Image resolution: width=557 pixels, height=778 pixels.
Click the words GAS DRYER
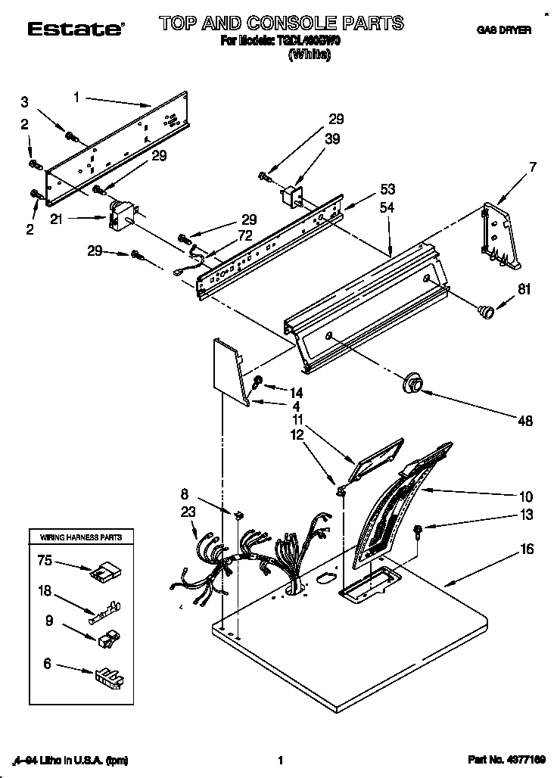(x=503, y=31)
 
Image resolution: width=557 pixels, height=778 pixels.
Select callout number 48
(x=525, y=422)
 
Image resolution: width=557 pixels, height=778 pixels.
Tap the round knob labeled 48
(x=413, y=384)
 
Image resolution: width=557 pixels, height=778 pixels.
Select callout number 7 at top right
(x=533, y=167)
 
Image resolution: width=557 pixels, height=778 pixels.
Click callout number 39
(x=333, y=139)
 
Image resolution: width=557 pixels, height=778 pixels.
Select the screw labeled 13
(x=418, y=532)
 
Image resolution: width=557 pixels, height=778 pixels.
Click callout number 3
(x=26, y=102)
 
